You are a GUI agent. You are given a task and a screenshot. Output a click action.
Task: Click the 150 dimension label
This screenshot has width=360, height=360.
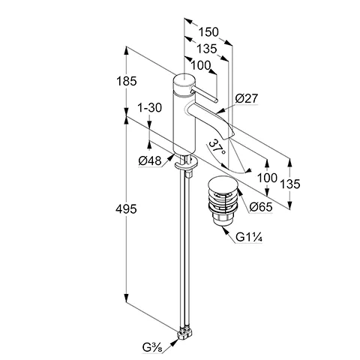[x=208, y=32]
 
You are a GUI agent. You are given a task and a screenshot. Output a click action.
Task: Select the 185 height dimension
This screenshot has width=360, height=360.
[x=127, y=81]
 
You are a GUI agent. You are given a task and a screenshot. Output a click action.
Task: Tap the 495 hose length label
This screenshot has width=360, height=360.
[x=126, y=208]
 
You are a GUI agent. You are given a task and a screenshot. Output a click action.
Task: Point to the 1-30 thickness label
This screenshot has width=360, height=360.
[x=149, y=108]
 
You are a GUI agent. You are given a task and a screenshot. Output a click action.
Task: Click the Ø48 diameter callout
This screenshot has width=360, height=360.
[x=150, y=160]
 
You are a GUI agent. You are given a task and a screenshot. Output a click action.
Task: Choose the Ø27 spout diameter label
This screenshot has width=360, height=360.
[x=246, y=98]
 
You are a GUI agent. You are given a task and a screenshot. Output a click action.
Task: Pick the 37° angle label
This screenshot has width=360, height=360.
[x=217, y=148]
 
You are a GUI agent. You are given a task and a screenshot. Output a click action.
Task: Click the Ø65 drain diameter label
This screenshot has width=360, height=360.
[x=261, y=207]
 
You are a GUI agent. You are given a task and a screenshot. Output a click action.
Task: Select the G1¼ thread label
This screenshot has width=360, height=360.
[x=249, y=237]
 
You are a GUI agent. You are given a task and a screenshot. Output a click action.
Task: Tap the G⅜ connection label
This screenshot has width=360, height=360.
[x=152, y=347]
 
